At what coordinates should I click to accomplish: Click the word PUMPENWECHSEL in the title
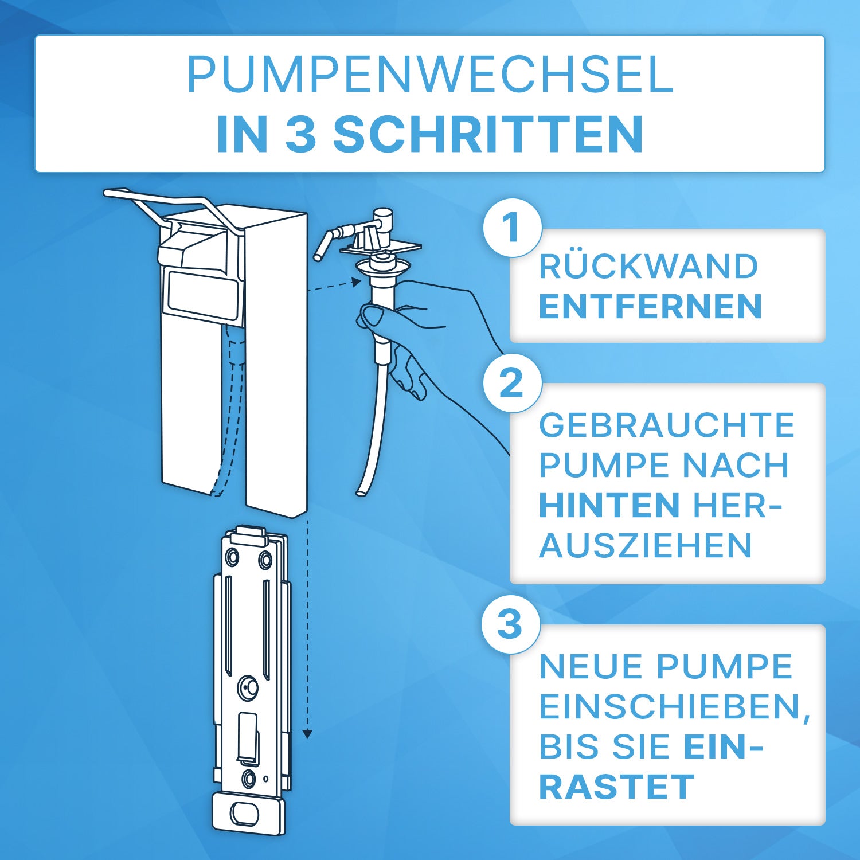click(x=430, y=75)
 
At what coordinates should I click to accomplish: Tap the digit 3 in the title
click(x=300, y=134)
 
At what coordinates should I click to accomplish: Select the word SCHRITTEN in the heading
click(x=488, y=134)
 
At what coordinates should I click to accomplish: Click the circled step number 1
click(x=512, y=228)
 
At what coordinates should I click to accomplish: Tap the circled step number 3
click(x=510, y=624)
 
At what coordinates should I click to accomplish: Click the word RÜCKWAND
click(x=648, y=267)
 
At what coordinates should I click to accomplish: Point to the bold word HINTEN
click(x=609, y=505)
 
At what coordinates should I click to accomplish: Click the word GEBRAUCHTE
click(x=667, y=425)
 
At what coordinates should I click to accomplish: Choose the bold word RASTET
click(x=617, y=787)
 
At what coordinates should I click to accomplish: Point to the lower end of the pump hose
click(x=361, y=492)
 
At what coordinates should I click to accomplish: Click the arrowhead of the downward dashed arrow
click(x=307, y=734)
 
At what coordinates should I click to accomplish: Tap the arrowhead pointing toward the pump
click(x=357, y=282)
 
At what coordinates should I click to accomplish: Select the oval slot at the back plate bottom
click(x=245, y=814)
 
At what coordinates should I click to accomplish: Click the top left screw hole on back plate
click(x=233, y=556)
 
